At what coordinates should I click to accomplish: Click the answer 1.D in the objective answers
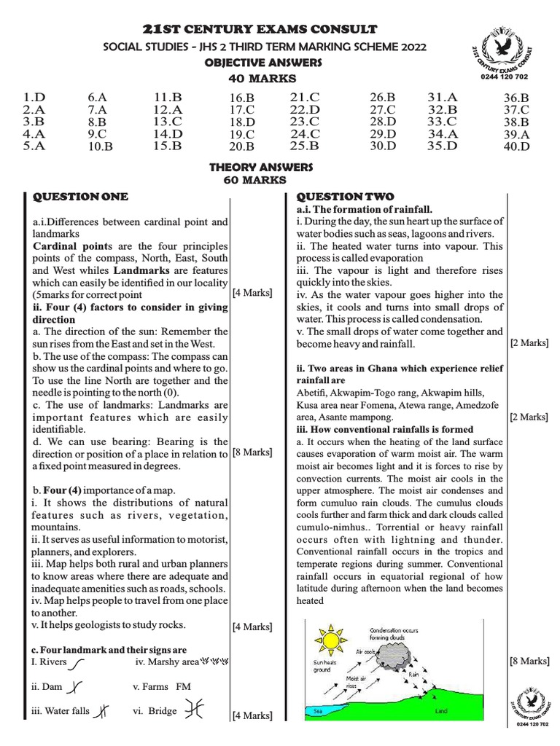(34, 96)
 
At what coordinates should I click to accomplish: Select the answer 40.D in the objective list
(516, 146)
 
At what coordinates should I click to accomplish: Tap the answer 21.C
(305, 96)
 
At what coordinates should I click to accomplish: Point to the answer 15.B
(167, 146)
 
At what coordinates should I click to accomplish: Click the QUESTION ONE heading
(80, 197)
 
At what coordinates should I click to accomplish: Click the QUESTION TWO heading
(345, 197)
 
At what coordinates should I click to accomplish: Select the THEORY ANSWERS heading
(260, 168)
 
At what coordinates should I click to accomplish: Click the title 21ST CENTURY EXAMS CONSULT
(260, 29)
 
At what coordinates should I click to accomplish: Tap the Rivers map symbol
(77, 663)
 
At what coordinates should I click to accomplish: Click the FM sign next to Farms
(183, 686)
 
